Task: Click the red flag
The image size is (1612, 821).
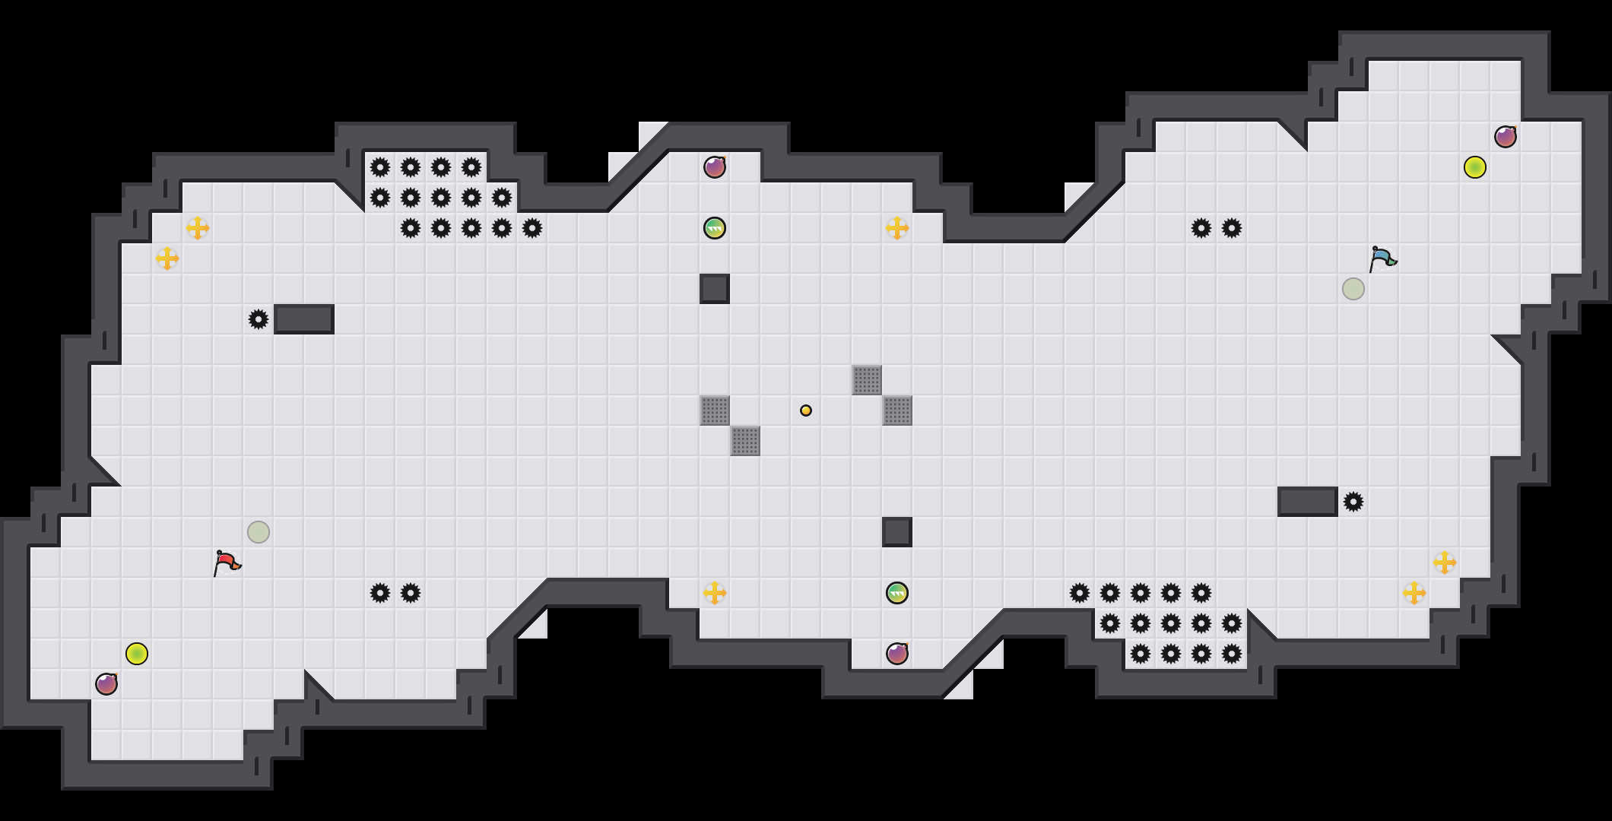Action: (227, 563)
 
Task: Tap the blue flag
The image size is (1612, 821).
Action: (1382, 258)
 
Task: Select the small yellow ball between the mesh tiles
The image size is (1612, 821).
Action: (806, 410)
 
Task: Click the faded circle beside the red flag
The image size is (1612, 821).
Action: (259, 532)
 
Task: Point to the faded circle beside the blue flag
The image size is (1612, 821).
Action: (1353, 289)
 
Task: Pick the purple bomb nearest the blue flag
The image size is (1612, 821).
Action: (1506, 137)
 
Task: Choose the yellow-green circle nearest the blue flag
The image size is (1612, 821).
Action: (1475, 167)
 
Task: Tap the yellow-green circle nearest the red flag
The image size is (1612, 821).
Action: (137, 654)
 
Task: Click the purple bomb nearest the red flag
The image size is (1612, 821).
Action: (106, 684)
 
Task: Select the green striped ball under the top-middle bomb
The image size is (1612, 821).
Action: (715, 228)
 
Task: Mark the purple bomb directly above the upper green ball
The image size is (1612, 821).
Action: (715, 167)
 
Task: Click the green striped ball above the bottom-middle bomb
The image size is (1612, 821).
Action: (897, 593)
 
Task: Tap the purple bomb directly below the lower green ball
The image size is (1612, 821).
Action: (897, 654)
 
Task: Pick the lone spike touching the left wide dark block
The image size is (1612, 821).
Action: (259, 319)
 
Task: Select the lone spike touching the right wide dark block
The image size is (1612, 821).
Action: (1353, 502)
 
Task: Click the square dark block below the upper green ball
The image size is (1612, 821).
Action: (715, 289)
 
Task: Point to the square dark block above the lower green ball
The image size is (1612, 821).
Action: (897, 532)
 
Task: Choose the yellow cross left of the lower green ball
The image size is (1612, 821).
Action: (715, 593)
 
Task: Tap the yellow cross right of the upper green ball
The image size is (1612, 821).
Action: (897, 228)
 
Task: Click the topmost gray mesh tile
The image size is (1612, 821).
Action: (867, 380)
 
